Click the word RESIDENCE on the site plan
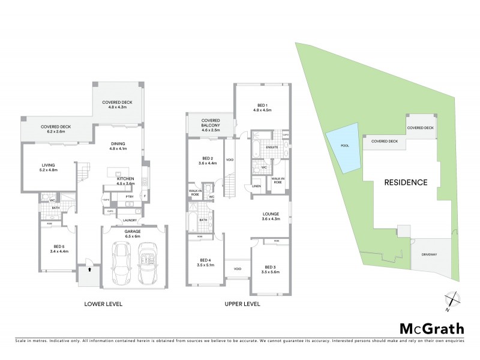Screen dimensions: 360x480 (x=405, y=182)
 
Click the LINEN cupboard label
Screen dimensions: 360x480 (x=256, y=187)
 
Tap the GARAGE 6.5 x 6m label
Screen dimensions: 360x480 (x=132, y=233)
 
